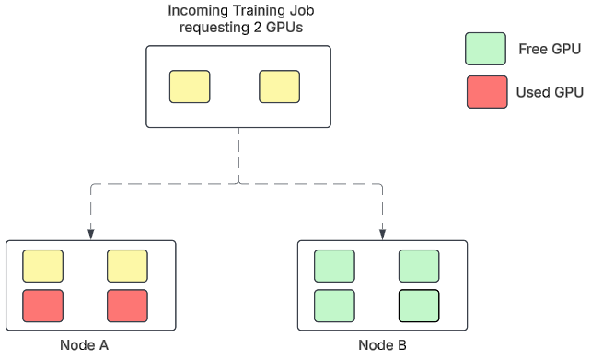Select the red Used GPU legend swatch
click(486, 92)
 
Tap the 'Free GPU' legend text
click(550, 49)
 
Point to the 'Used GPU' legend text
click(550, 92)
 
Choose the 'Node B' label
click(382, 346)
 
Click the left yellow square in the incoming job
click(190, 87)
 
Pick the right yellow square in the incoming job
click(280, 87)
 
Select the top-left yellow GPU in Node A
click(42, 266)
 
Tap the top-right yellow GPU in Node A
click(127, 266)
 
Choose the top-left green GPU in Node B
click(334, 266)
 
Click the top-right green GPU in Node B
click(418, 266)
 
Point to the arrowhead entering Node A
click(89, 234)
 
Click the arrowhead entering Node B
click(382, 234)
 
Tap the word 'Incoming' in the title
click(195, 11)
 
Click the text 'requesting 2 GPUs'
click(238, 28)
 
